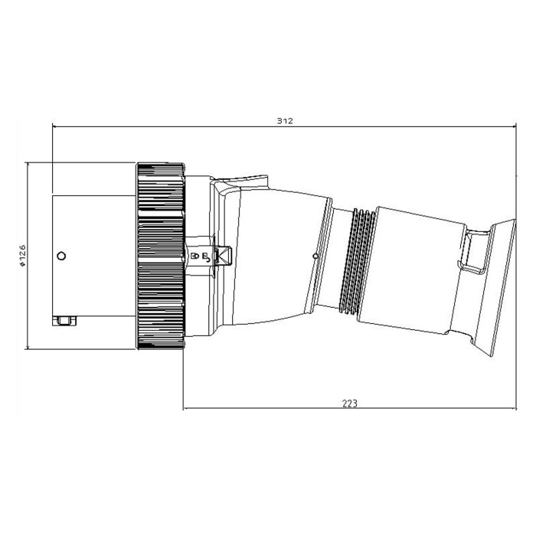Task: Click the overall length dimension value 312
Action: (285, 121)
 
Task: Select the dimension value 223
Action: (350, 404)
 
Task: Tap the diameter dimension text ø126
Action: (22, 255)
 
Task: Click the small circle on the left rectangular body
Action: (61, 256)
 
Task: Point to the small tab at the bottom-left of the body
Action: (64, 321)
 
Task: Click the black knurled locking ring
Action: (161, 256)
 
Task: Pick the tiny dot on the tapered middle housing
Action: (315, 256)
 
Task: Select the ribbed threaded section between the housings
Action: (357, 261)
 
